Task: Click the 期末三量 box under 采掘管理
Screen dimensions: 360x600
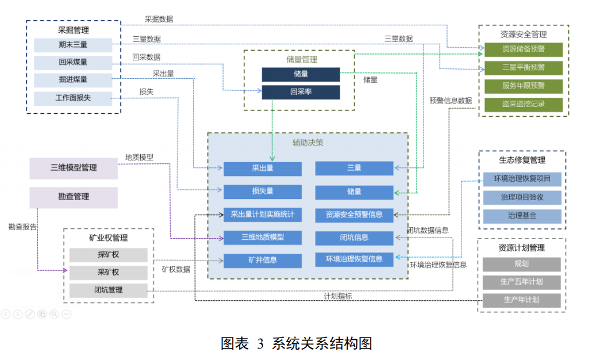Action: pyautogui.click(x=73, y=45)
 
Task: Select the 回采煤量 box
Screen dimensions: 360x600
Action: pyautogui.click(x=73, y=63)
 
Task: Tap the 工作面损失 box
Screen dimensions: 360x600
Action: pyautogui.click(x=73, y=98)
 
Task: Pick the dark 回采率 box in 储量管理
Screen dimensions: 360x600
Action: pyautogui.click(x=301, y=92)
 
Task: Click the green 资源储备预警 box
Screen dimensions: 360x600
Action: pyautogui.click(x=523, y=49)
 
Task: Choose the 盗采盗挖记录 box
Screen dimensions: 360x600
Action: pyautogui.click(x=523, y=104)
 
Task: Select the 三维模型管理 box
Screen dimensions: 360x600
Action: pyautogui.click(x=74, y=168)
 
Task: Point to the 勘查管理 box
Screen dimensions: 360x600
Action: pyautogui.click(x=74, y=197)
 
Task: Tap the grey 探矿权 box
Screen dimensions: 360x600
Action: pyautogui.click(x=108, y=255)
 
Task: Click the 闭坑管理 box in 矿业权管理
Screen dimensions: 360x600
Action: pyautogui.click(x=108, y=290)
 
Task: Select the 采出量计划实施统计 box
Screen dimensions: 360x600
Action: pyautogui.click(x=263, y=215)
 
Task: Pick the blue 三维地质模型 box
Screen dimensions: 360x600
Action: pyautogui.click(x=263, y=237)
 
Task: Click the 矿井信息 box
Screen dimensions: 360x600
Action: pyautogui.click(x=263, y=260)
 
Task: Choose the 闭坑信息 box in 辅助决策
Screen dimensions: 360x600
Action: pyautogui.click(x=354, y=238)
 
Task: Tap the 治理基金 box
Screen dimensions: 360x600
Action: pyautogui.click(x=522, y=216)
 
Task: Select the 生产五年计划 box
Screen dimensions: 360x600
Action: pyautogui.click(x=521, y=282)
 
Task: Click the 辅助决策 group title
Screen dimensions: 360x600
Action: pyautogui.click(x=308, y=142)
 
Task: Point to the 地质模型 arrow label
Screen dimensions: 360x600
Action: pyautogui.click(x=139, y=157)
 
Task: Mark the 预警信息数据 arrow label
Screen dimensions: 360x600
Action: pyautogui.click(x=451, y=100)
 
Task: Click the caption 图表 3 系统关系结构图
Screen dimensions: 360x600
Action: pyautogui.click(x=297, y=344)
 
